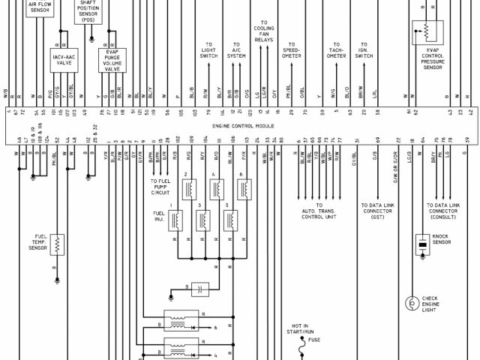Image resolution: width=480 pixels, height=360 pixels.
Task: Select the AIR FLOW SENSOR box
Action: click(37, 8)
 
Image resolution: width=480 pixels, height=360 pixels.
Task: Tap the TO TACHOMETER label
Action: click(336, 50)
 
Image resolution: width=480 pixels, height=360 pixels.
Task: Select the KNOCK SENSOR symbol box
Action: click(422, 244)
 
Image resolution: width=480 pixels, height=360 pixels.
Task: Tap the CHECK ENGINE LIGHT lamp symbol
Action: click(411, 303)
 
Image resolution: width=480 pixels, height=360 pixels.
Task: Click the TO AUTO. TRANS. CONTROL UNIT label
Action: click(319, 211)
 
